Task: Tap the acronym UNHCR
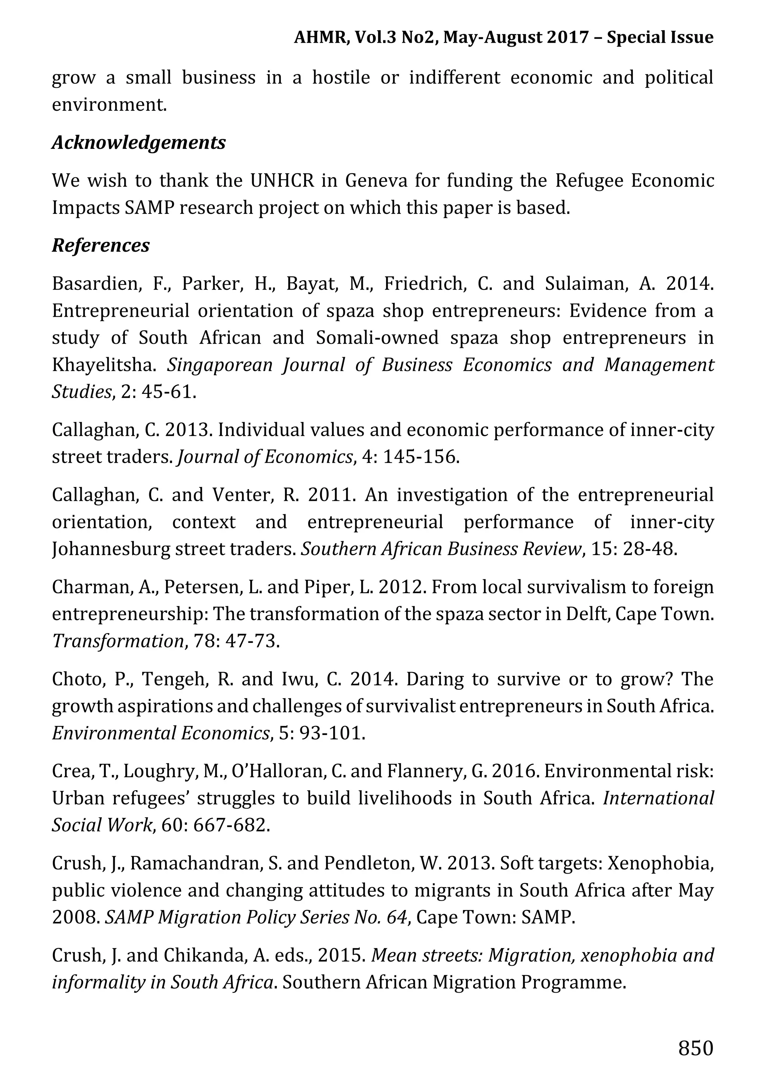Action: tap(282, 181)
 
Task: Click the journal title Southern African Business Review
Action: tap(441, 549)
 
